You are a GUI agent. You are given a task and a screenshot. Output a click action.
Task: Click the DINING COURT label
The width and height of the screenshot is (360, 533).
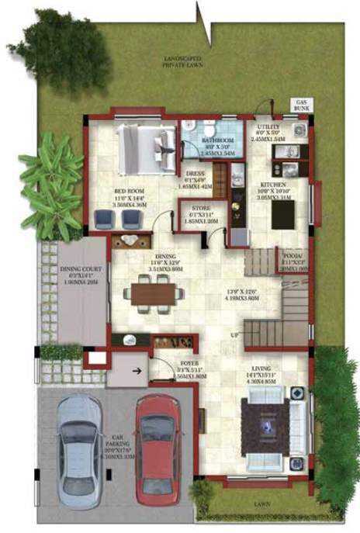point(81,271)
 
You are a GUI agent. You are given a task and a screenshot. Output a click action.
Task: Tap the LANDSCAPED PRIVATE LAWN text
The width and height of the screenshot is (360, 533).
point(182,62)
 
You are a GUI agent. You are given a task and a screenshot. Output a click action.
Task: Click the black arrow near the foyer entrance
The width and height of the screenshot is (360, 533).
point(137,371)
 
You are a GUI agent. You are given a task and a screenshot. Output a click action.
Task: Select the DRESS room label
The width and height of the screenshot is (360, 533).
point(195,175)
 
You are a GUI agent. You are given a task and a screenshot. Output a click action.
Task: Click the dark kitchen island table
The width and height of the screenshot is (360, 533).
point(282,215)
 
